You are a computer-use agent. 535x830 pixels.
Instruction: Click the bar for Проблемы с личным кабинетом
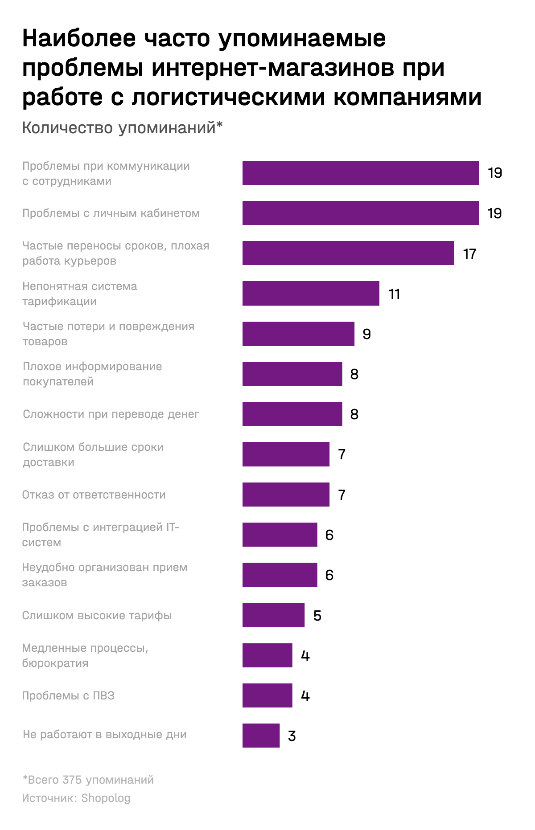(x=360, y=213)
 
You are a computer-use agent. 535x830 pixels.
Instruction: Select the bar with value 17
(x=348, y=253)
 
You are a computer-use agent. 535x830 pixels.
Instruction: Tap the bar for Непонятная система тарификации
(x=311, y=293)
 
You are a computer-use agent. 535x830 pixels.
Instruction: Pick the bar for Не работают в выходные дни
(x=261, y=736)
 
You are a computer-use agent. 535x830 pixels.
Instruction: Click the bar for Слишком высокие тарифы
(x=273, y=615)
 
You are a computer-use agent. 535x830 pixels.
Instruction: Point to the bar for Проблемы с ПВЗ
(x=267, y=695)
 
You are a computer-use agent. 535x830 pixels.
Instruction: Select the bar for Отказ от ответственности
(x=286, y=495)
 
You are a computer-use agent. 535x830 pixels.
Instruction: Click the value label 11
(x=394, y=294)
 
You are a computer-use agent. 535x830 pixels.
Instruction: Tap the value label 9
(x=366, y=334)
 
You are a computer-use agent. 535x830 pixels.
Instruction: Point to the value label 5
(x=317, y=616)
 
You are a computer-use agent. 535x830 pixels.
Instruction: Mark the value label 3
(x=292, y=736)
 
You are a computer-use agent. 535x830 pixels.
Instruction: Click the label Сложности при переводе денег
(x=111, y=414)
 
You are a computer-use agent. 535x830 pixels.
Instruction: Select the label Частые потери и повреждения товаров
(x=108, y=334)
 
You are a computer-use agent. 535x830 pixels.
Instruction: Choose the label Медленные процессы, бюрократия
(x=85, y=655)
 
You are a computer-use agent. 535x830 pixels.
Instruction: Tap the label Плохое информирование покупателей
(x=92, y=374)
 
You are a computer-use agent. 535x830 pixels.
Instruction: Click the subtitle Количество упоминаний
(x=122, y=128)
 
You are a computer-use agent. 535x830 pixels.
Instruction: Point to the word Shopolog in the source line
(x=106, y=798)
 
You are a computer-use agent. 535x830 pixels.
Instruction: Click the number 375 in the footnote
(x=72, y=780)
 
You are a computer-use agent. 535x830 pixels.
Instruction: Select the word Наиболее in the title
(x=79, y=38)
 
